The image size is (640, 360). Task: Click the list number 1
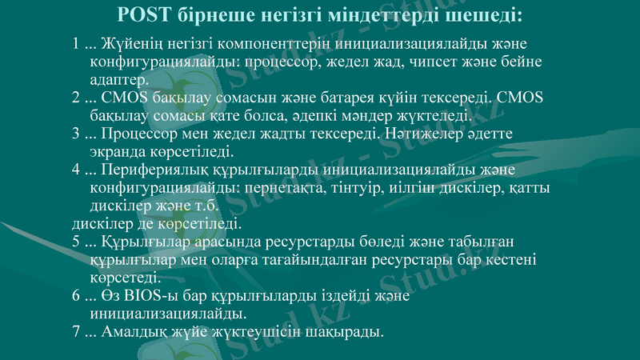click(x=76, y=43)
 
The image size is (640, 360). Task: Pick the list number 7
click(x=76, y=330)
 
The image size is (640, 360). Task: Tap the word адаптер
click(x=119, y=80)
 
